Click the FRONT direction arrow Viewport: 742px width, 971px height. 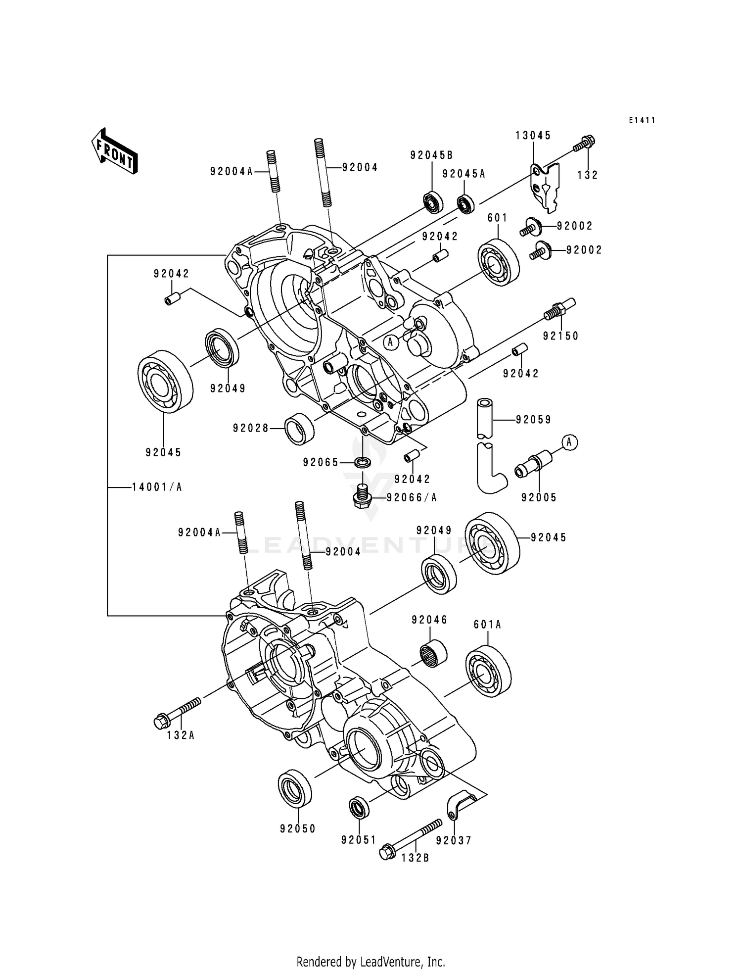[114, 151]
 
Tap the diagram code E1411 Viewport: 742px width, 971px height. [642, 120]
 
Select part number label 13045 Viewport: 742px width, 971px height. [533, 136]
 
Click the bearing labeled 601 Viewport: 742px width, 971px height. [498, 262]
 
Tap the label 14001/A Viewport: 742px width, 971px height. [157, 487]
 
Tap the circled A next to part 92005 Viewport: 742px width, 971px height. [569, 442]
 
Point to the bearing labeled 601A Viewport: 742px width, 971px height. [488, 671]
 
